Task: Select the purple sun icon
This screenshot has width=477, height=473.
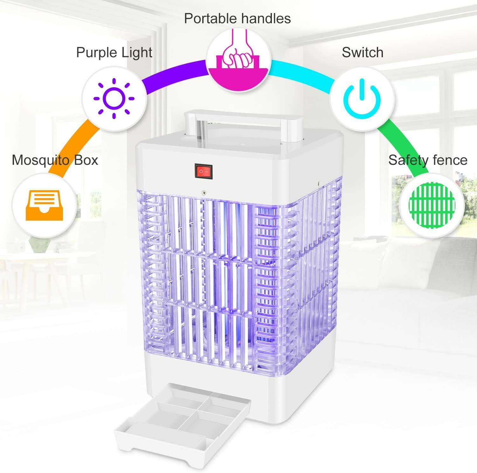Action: coord(114,99)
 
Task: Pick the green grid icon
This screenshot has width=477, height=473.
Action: coord(432,205)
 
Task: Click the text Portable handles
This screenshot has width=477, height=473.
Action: coord(237,18)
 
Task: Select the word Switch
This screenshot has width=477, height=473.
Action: coord(362,52)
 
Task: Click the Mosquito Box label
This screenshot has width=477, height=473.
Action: coord(55,160)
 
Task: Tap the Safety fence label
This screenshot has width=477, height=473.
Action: coord(428,160)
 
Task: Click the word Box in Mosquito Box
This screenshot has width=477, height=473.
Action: coord(86,160)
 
